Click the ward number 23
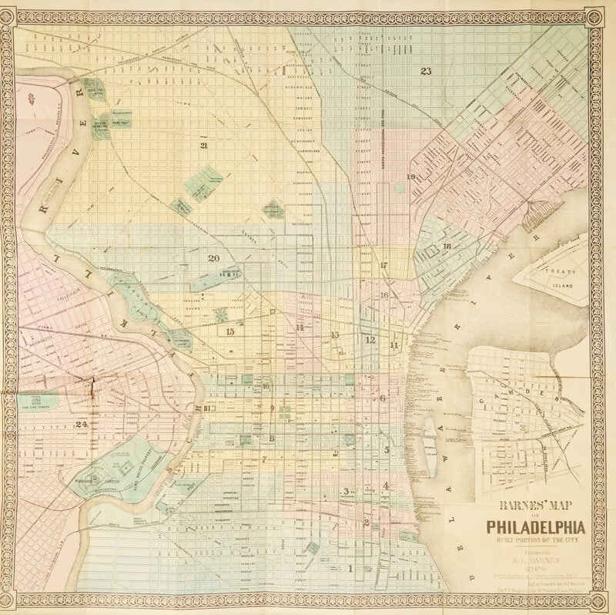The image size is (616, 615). point(426,72)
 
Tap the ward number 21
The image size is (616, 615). point(203,145)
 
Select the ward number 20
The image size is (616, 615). point(213,258)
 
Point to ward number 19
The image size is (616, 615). point(411,177)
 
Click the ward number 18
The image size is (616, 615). point(447,246)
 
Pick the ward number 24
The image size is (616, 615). point(81,424)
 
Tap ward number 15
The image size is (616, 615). point(229,331)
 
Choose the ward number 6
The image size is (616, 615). point(383,398)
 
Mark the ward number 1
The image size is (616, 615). point(350,569)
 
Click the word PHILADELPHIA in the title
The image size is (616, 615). point(535,527)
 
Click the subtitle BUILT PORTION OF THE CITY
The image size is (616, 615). point(535,540)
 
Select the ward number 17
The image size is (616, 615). point(383,265)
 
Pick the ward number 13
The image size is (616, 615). point(335,335)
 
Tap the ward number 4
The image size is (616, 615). point(386,486)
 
